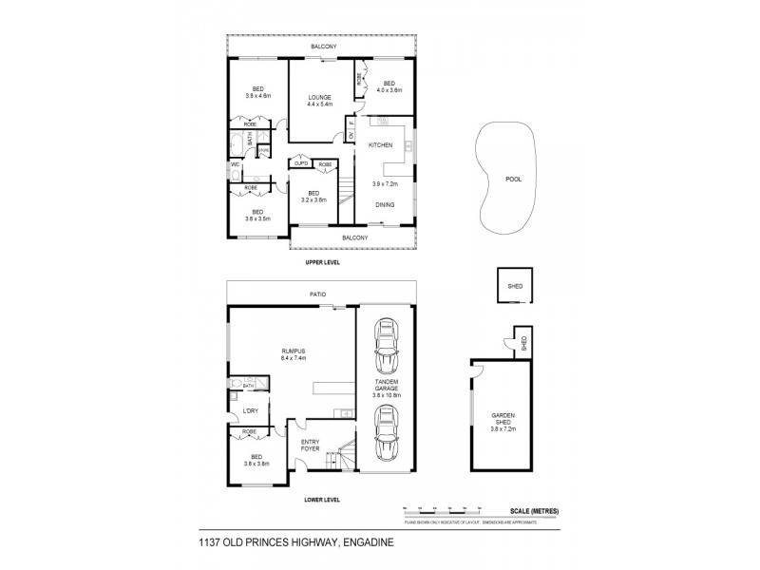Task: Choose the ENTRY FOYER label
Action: coord(311,446)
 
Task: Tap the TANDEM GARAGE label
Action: coord(385,385)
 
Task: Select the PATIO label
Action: coord(318,294)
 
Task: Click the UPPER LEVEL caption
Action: coord(321,261)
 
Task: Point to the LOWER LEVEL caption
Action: coord(321,500)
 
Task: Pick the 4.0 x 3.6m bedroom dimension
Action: coord(389,90)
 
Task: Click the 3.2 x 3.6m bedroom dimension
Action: coord(313,200)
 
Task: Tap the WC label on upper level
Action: coord(234,164)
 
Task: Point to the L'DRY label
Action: coord(251,410)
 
